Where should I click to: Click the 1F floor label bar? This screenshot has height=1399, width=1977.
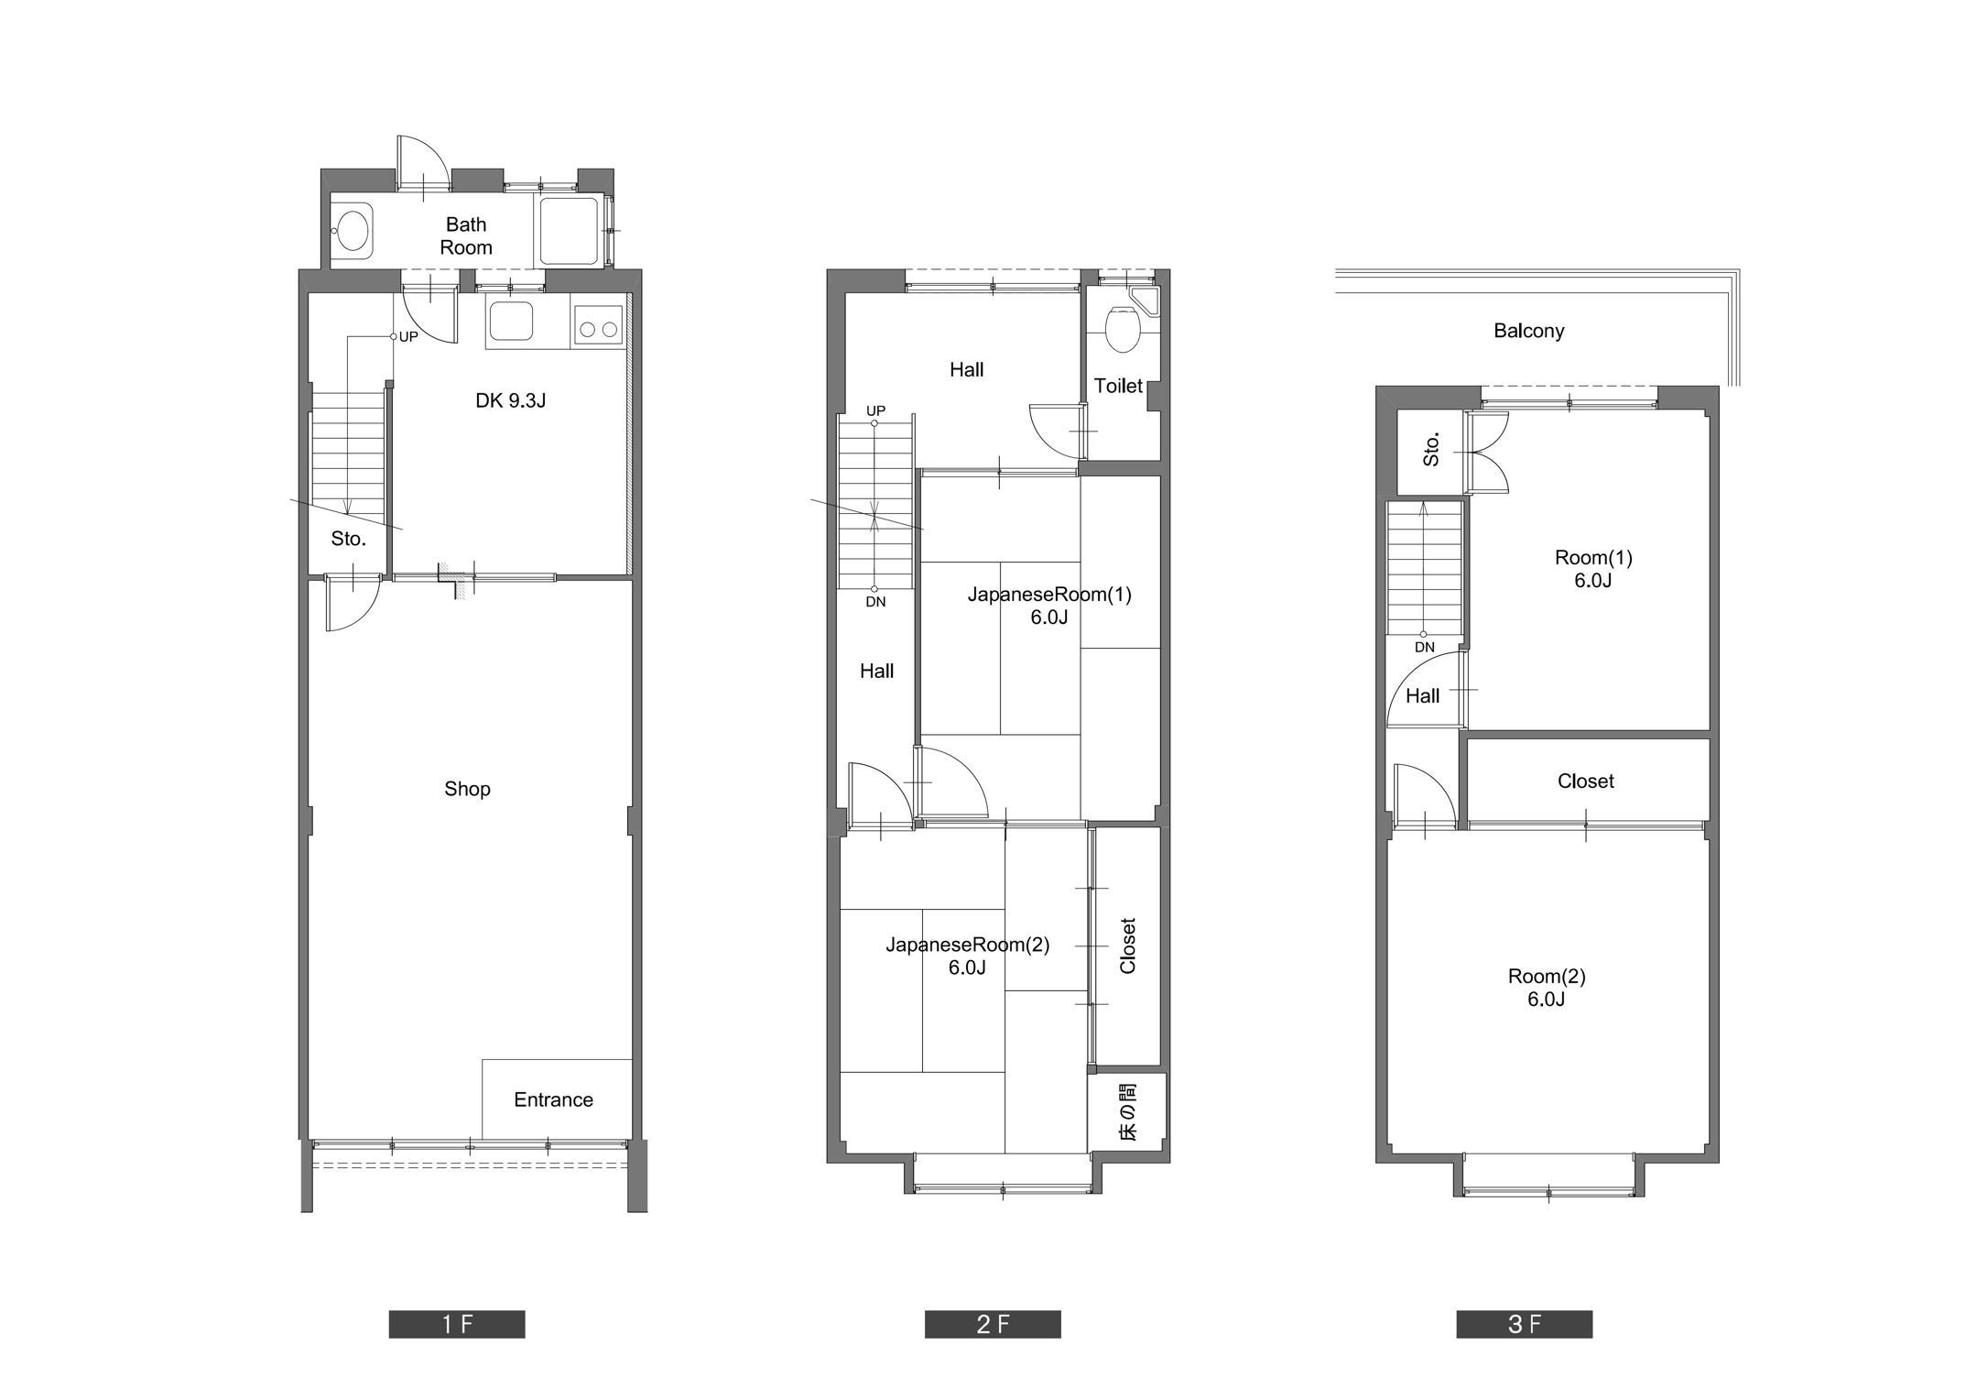coord(457,1324)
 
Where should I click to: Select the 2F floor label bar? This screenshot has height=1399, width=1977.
coord(993,1324)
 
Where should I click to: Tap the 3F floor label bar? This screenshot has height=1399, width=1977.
coord(1525,1324)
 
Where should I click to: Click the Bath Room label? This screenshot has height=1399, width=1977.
coord(466,235)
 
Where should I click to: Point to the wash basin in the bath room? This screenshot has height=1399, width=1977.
coord(352,229)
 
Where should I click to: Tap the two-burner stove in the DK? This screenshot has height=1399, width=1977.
coord(599,326)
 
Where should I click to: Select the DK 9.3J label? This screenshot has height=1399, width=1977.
coord(510,400)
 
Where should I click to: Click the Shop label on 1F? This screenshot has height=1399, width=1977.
coord(467,789)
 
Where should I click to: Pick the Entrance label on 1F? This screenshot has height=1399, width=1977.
coord(553,1099)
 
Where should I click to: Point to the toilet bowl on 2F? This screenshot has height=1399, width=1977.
coord(1122,330)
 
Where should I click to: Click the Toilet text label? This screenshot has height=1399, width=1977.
coord(1118,386)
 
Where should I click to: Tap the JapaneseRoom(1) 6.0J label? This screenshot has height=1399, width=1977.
coord(1049,606)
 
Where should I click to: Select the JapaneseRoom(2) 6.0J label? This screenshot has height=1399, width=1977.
coord(967,956)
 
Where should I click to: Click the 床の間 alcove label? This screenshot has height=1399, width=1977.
coord(1128,1112)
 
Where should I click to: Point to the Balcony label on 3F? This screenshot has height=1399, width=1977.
coord(1528,331)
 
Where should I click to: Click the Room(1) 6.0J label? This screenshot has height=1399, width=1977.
coord(1593,569)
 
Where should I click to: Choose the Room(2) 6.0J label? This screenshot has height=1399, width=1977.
coord(1546,988)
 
